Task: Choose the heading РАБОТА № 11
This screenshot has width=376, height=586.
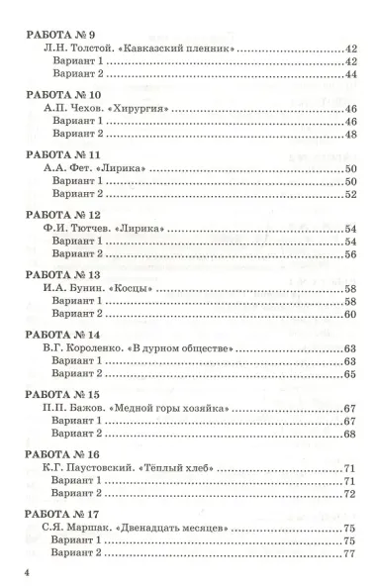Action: pyautogui.click(x=56, y=156)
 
